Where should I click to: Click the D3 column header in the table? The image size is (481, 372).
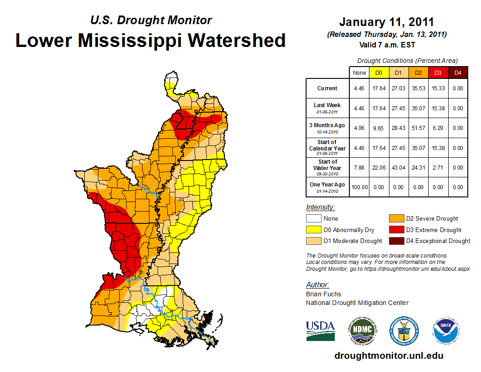(x=438, y=72)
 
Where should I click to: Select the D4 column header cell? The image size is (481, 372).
(x=458, y=72)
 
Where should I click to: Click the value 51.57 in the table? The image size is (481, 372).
(x=418, y=128)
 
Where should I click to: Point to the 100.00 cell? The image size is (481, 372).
(x=359, y=187)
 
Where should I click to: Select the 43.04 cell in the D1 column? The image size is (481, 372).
(x=398, y=167)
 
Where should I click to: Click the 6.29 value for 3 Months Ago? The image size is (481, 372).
(x=438, y=128)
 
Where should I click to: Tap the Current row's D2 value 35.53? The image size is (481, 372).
(x=418, y=88)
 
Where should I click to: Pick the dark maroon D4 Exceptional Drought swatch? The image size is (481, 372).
(x=395, y=241)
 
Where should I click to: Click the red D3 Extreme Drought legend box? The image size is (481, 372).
(x=395, y=230)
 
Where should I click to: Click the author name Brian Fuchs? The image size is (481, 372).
(x=323, y=294)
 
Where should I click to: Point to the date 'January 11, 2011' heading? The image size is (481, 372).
(x=387, y=22)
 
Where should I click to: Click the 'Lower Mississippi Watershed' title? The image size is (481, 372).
(x=151, y=40)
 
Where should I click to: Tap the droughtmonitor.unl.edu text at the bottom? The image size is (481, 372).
(x=389, y=356)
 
